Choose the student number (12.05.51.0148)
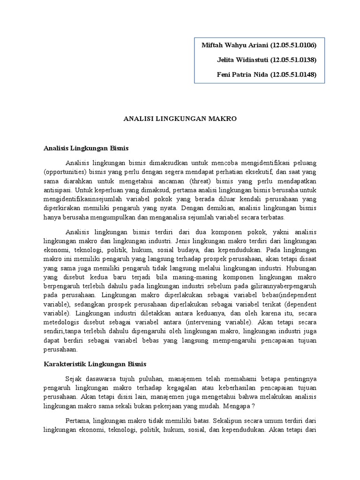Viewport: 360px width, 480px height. point(293,75)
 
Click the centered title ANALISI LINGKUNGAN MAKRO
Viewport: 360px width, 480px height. point(180,119)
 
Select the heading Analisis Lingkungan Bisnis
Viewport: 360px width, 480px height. point(86,148)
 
